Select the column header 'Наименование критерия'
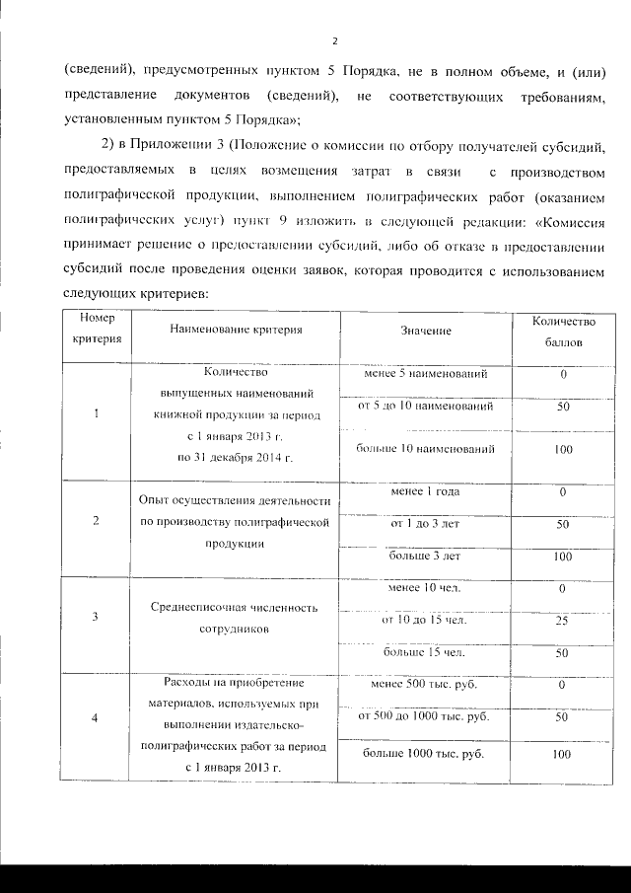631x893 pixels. point(235,330)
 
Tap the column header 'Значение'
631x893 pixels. point(426,331)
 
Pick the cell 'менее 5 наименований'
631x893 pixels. point(425,375)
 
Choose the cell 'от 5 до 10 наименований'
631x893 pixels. point(425,407)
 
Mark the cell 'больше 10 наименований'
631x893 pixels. point(425,449)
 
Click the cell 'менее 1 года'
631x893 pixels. point(425,491)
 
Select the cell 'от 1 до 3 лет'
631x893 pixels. point(425,523)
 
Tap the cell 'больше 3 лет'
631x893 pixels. point(425,557)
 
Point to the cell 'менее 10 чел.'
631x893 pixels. point(425,589)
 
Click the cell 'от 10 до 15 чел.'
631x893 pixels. point(425,621)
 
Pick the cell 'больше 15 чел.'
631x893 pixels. point(425,653)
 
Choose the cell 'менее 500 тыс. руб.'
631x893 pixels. point(425,684)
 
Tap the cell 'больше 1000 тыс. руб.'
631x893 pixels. point(425,754)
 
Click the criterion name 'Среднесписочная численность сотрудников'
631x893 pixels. point(235,618)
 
